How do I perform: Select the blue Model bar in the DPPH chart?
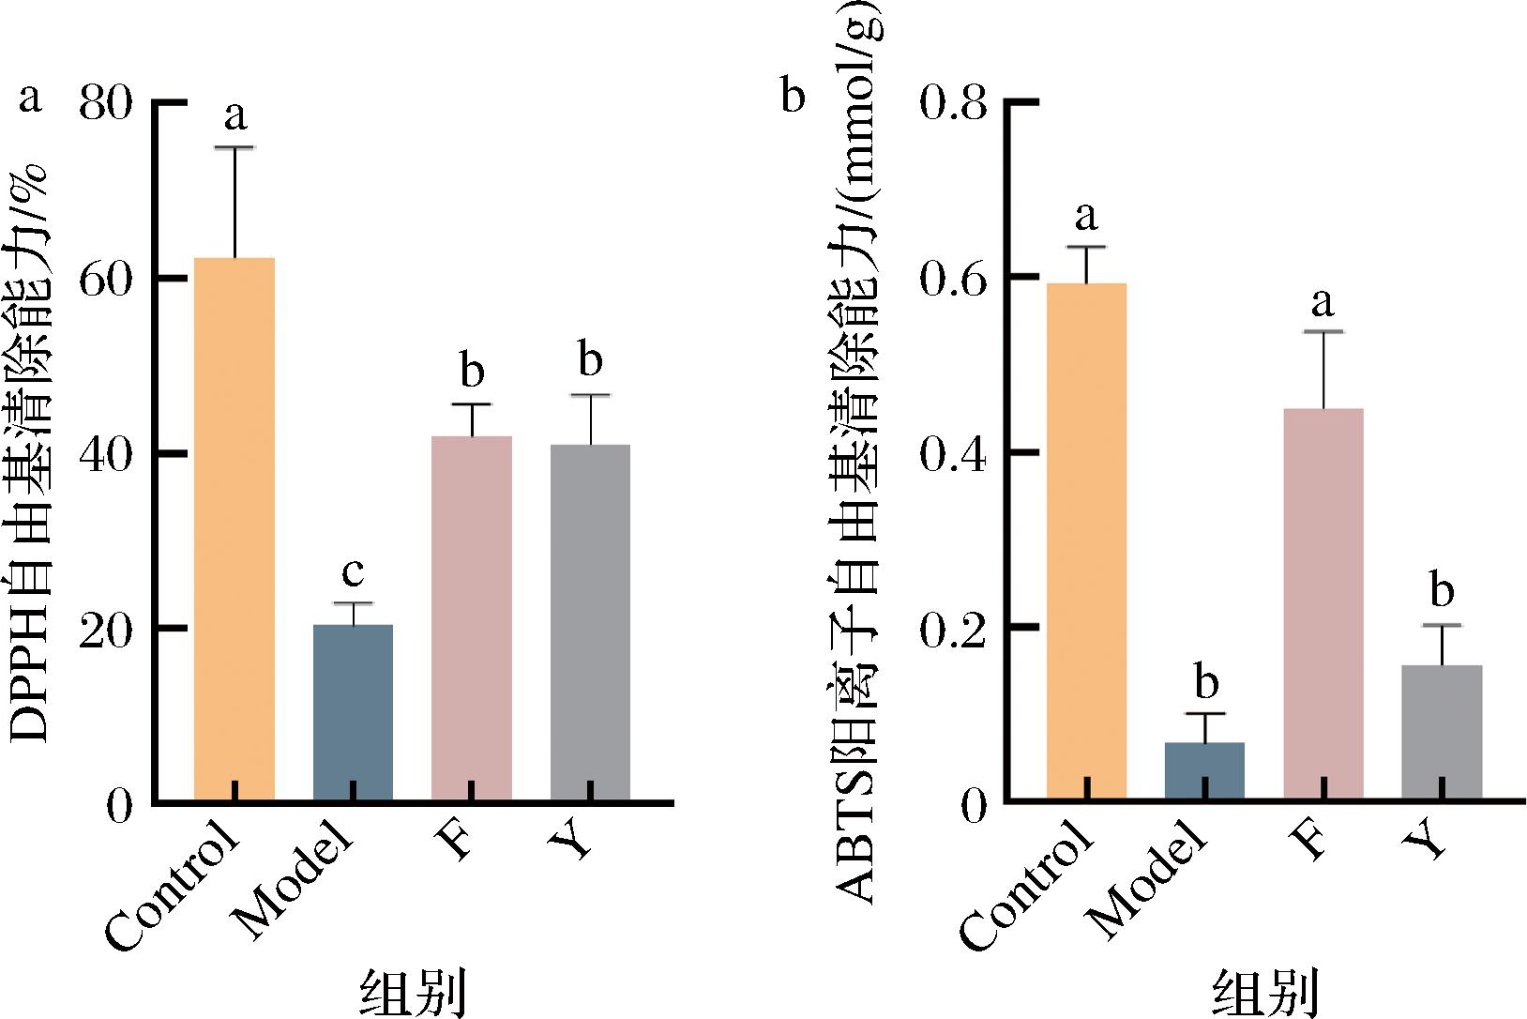(353, 713)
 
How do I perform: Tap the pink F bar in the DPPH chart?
(472, 619)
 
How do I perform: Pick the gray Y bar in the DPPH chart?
(591, 623)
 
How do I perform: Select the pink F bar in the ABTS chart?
(1323, 605)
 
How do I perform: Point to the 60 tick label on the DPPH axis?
(105, 279)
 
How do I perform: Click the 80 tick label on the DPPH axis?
(105, 102)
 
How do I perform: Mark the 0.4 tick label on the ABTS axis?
(954, 454)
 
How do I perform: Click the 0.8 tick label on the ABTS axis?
(954, 102)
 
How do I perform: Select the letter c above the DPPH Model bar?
(353, 570)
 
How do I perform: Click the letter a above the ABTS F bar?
(1323, 302)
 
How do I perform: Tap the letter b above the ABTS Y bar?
(1442, 591)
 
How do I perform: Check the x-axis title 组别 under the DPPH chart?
(414, 993)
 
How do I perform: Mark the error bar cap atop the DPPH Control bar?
(234, 147)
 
